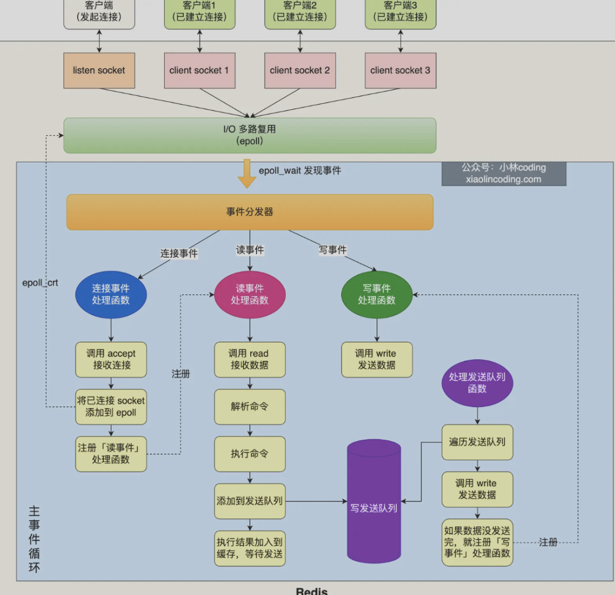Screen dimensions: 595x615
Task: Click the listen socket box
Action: (99, 70)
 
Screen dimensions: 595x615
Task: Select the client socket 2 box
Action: (300, 70)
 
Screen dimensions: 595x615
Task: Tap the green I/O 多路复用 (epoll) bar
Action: (249, 135)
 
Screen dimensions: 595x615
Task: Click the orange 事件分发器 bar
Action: (249, 212)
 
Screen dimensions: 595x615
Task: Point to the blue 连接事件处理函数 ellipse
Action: (111, 294)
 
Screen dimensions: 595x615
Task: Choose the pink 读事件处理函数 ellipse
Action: (250, 294)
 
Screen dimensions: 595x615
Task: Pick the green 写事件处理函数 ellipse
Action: (377, 294)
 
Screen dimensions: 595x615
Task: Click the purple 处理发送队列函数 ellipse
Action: (477, 383)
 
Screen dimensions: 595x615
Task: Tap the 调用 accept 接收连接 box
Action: (111, 359)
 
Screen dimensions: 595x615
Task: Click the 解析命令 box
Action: (250, 406)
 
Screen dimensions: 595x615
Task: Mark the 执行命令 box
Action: (250, 453)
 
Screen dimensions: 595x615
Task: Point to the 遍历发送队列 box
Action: (477, 442)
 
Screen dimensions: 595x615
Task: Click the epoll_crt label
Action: (40, 282)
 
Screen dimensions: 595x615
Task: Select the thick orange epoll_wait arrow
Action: (247, 173)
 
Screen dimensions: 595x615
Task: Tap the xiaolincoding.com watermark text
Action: (503, 179)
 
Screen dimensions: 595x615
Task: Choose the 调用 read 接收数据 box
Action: (250, 359)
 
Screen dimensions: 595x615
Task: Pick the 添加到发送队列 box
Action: (250, 500)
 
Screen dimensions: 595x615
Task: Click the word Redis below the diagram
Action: (312, 590)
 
